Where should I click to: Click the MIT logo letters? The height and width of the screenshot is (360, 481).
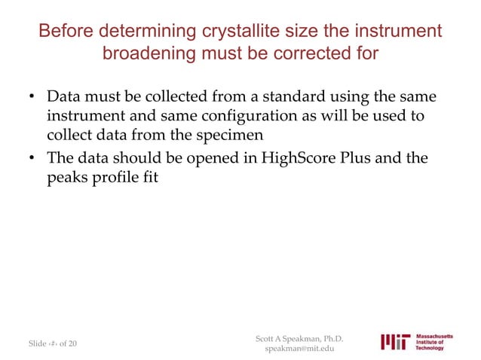[396, 343]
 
